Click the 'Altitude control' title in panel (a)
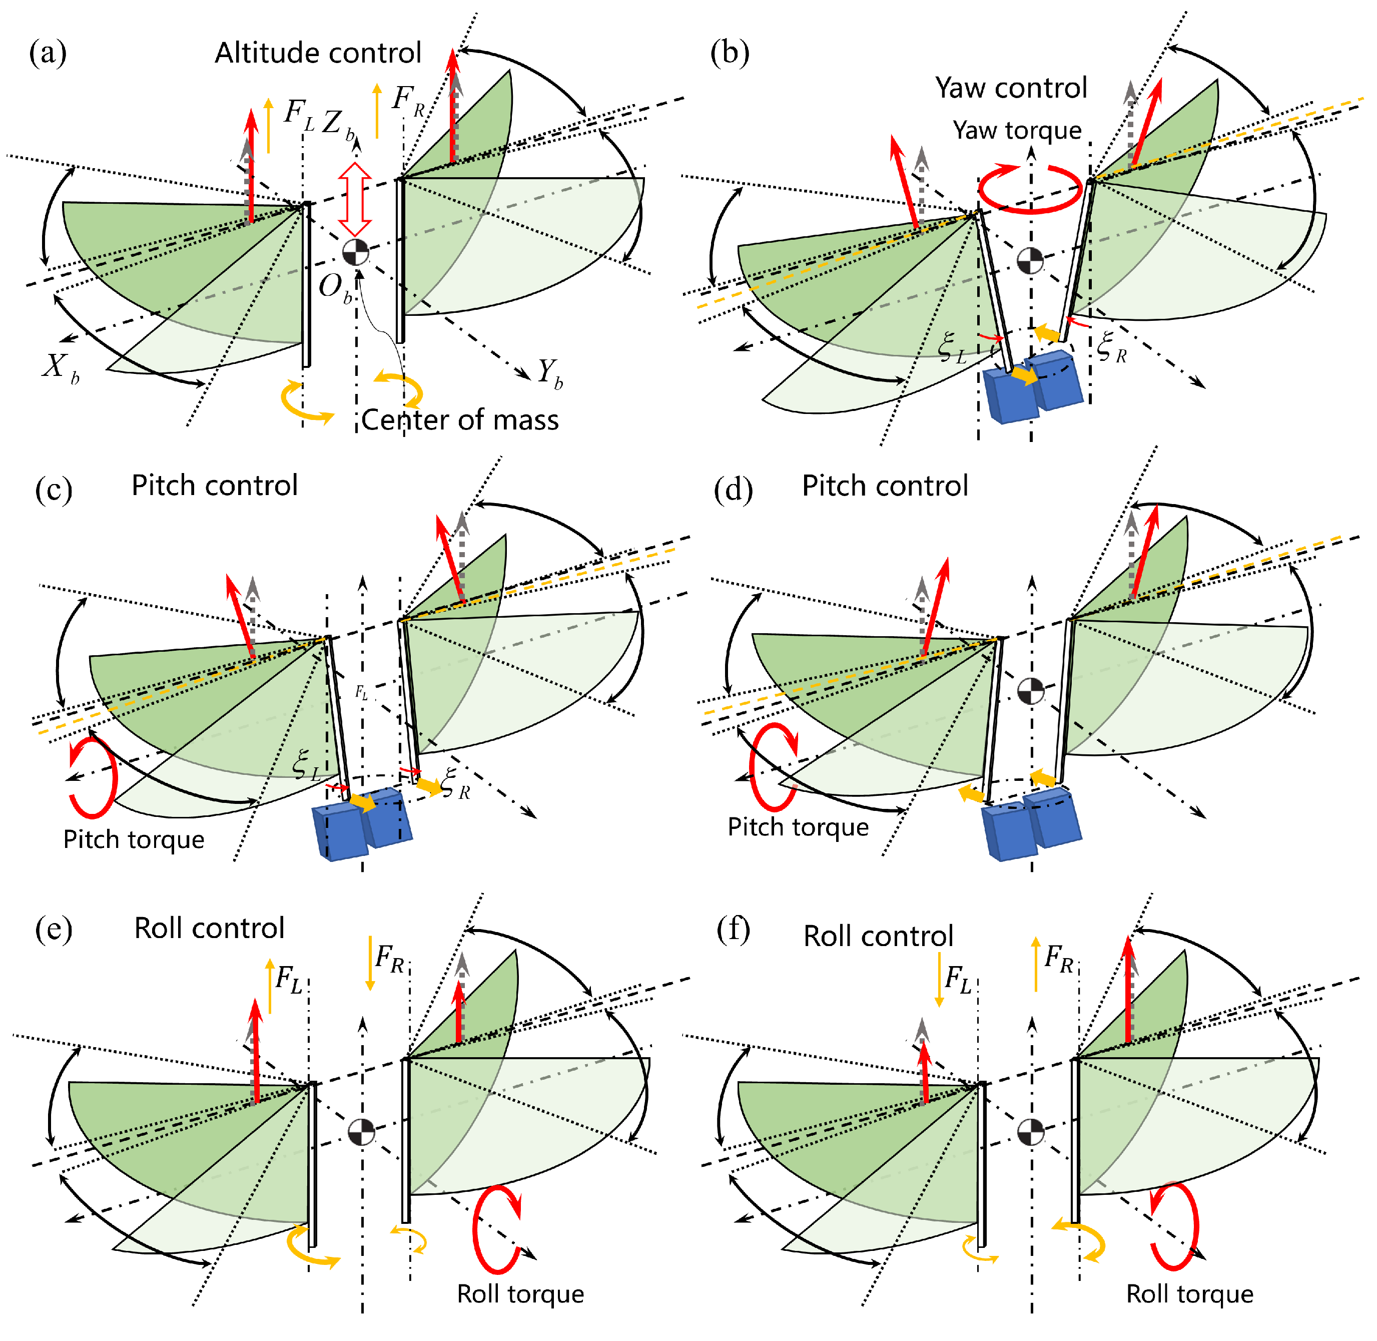[x=318, y=53]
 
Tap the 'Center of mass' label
[x=460, y=420]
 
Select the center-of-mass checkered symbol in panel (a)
[x=356, y=251]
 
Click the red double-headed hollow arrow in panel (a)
[x=355, y=199]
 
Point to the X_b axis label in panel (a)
[x=60, y=367]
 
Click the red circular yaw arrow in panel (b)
[x=1029, y=188]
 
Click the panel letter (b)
[x=730, y=53]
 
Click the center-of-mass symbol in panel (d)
[x=1031, y=690]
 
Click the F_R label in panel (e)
[x=389, y=959]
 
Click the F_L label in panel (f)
[x=957, y=979]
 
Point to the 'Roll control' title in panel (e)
[x=209, y=928]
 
